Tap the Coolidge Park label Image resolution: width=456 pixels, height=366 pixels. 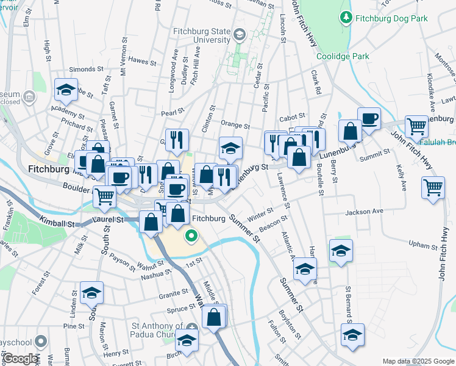(343, 56)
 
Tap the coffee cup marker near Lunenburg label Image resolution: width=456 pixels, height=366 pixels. (368, 118)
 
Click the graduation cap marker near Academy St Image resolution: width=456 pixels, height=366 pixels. (66, 90)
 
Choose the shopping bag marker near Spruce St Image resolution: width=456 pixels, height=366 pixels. (214, 317)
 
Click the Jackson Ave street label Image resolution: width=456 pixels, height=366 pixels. (364, 212)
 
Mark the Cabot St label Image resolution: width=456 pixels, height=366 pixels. (291, 118)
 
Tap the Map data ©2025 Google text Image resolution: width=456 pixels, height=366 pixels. (418, 361)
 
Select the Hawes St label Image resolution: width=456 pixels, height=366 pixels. (143, 61)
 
